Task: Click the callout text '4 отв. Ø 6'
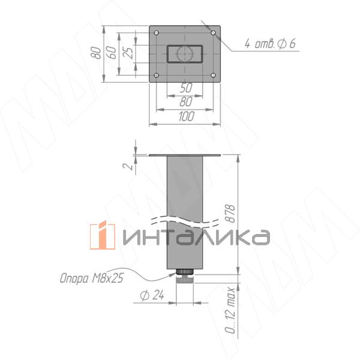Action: point(270,43)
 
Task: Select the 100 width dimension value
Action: point(186,117)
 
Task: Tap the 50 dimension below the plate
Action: point(186,88)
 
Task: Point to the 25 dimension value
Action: point(128,52)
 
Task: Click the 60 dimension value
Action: point(110,52)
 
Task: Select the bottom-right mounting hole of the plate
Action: point(215,75)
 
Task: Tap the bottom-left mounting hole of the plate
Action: point(157,75)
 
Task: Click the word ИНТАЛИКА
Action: point(195,237)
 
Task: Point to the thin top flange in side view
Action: point(185,154)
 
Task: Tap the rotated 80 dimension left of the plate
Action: point(95,53)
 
